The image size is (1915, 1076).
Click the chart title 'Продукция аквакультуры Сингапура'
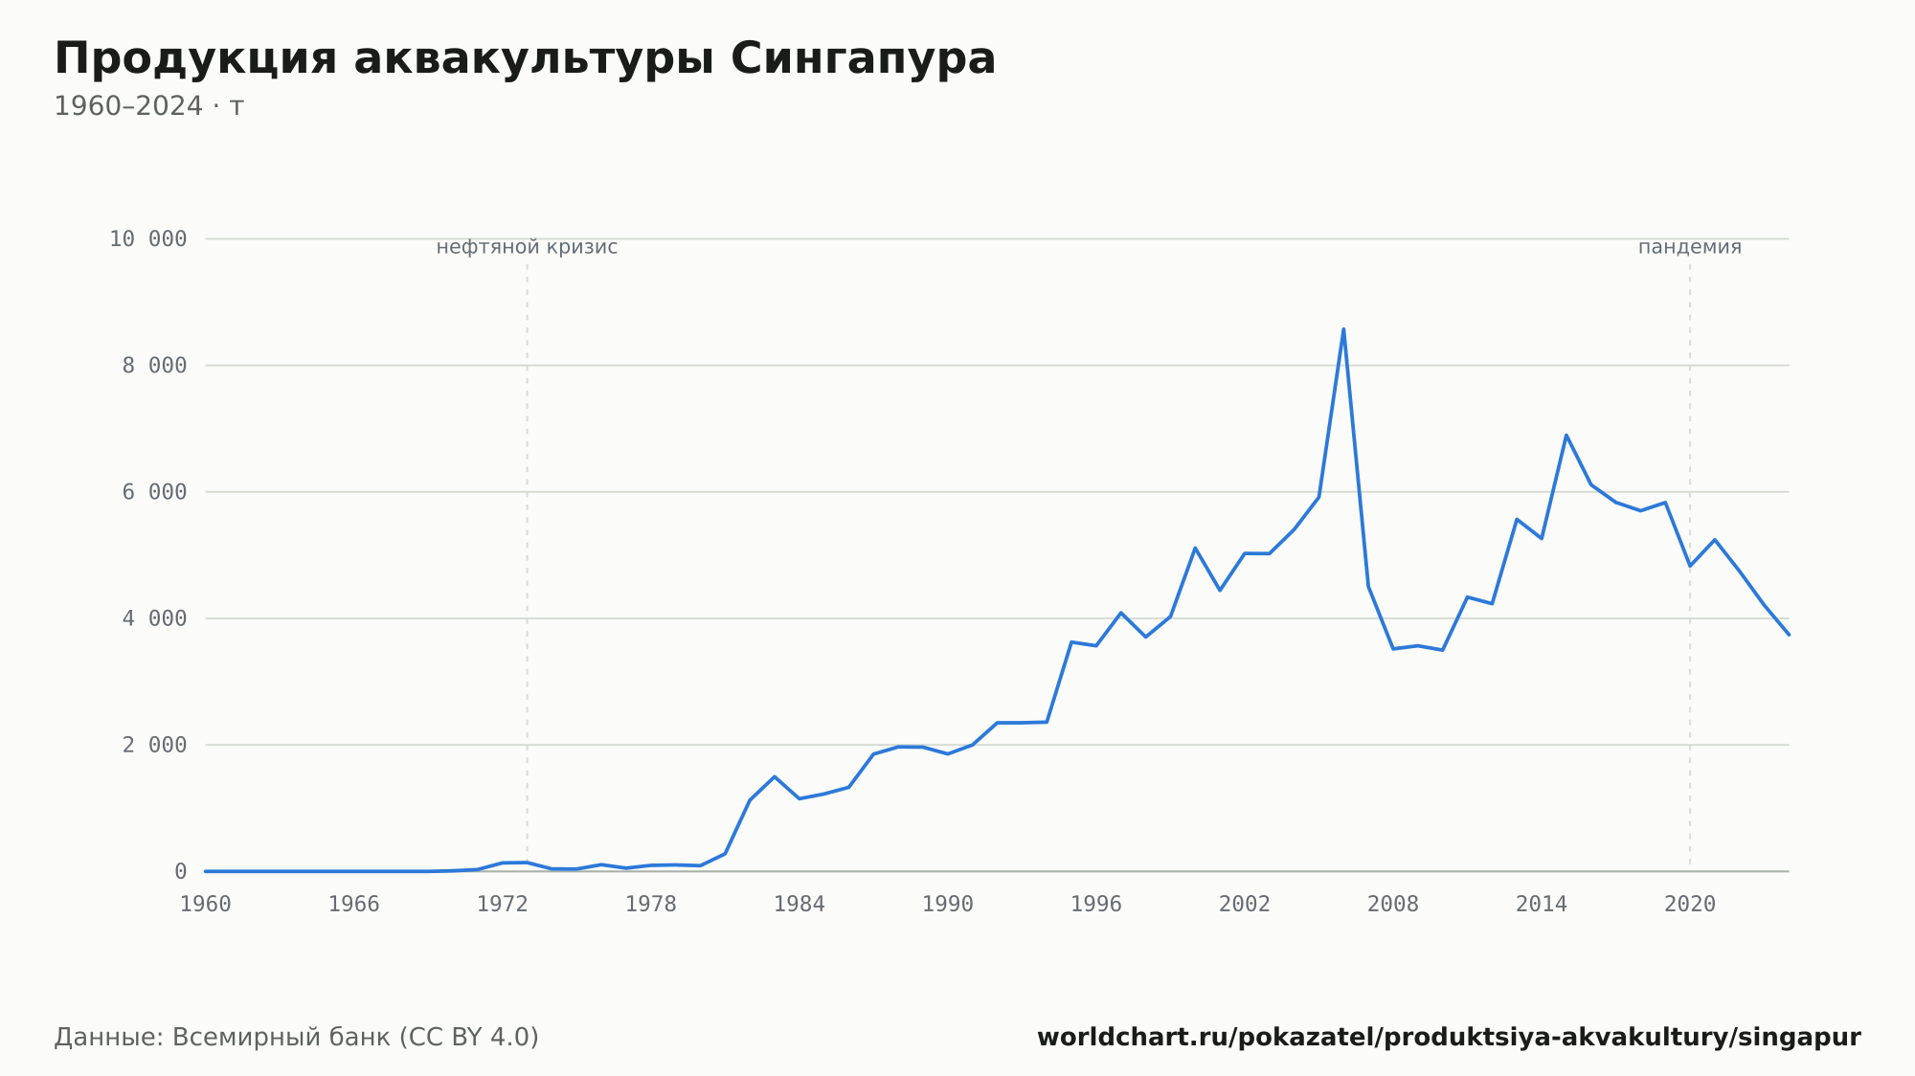click(x=525, y=59)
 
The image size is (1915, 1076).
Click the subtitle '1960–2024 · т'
click(x=148, y=106)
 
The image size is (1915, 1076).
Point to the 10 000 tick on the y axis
click(x=148, y=239)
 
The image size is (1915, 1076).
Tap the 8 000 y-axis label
click(x=155, y=366)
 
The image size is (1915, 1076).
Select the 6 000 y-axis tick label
click(x=155, y=492)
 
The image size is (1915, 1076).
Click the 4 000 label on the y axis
click(x=155, y=618)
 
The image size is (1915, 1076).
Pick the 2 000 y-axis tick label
click(x=155, y=745)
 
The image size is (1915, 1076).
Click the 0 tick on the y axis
click(x=181, y=871)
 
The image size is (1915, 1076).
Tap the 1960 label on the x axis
click(x=206, y=905)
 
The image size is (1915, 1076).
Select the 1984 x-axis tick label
click(x=800, y=905)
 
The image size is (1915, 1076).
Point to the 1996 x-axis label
click(x=1096, y=905)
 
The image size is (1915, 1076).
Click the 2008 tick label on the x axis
click(x=1393, y=905)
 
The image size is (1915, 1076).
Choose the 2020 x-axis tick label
click(x=1690, y=905)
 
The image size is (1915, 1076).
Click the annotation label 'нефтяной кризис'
click(x=527, y=247)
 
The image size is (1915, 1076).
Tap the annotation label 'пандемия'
click(x=1690, y=247)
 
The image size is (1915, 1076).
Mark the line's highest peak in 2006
click(x=1343, y=329)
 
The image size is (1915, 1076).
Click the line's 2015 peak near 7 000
click(x=1566, y=435)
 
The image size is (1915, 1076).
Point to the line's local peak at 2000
click(x=1195, y=548)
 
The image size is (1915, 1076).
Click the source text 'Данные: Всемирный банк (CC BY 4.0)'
click(x=297, y=1038)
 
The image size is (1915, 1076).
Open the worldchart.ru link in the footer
click(x=1449, y=1038)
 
